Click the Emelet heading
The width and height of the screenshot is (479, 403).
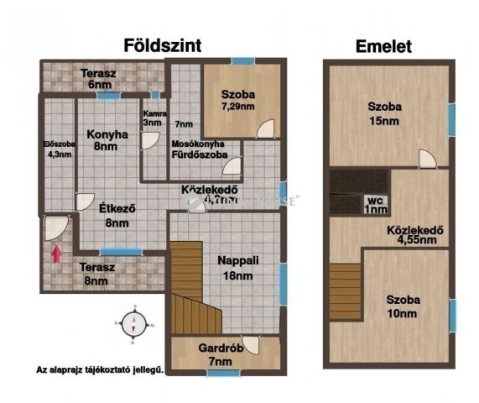(384, 47)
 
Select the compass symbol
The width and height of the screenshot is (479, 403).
(134, 325)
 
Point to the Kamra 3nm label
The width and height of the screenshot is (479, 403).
(152, 118)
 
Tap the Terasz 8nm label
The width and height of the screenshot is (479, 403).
(99, 275)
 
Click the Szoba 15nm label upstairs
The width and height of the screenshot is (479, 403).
(384, 113)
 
